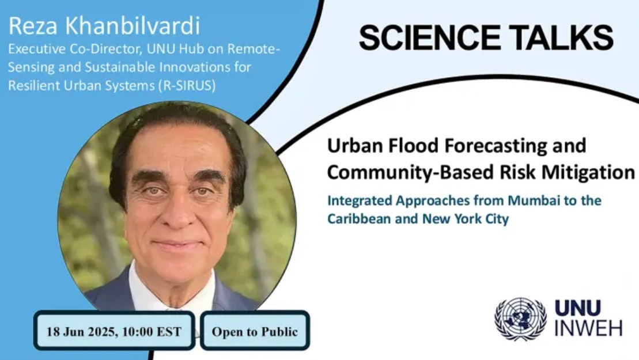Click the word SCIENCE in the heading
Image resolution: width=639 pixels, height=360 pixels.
pyautogui.click(x=429, y=37)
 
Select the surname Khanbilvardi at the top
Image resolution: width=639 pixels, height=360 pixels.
pyautogui.click(x=133, y=26)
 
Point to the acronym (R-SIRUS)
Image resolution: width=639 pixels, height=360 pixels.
pyautogui.click(x=187, y=85)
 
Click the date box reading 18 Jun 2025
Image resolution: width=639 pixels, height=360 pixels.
pyautogui.click(x=114, y=331)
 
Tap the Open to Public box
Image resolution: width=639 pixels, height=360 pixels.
pyautogui.click(x=255, y=331)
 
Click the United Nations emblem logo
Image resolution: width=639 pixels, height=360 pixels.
pyautogui.click(x=520, y=319)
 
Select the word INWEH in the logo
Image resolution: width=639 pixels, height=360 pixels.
pyautogui.click(x=588, y=328)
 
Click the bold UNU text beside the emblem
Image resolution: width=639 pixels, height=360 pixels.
pyautogui.click(x=577, y=308)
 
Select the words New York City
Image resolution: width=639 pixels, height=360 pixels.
pyautogui.click(x=466, y=219)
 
